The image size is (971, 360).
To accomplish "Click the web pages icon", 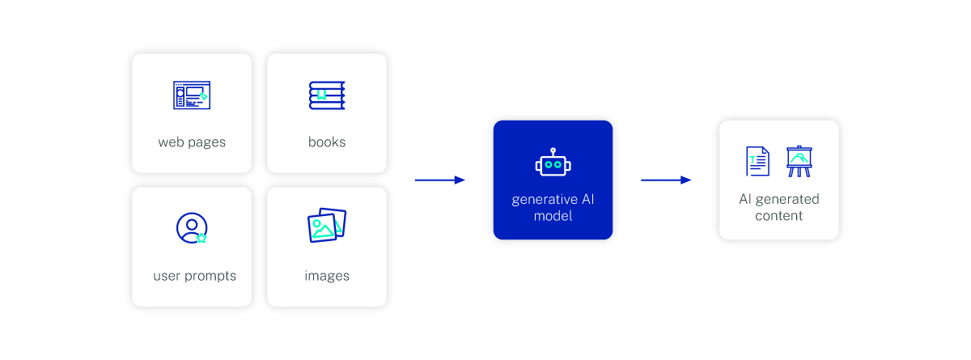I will tap(191, 95).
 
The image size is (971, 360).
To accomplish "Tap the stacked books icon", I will tap(326, 95).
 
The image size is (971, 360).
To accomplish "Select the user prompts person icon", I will tap(192, 228).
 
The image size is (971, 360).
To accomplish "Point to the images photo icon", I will tap(327, 226).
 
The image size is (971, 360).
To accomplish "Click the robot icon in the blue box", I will tap(553, 163).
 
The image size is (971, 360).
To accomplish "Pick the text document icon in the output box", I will tap(757, 161).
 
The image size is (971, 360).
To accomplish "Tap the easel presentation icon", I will tap(799, 161).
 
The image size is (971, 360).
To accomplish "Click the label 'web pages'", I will tap(192, 142).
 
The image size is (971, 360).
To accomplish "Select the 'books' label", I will tap(327, 142).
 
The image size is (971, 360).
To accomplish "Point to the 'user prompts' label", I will tap(194, 276).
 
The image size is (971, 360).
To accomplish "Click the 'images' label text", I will tap(327, 276).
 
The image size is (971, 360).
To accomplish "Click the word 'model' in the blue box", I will tap(553, 216).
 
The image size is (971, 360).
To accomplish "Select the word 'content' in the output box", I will tap(778, 216).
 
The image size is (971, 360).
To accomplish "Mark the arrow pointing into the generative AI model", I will tap(439, 180).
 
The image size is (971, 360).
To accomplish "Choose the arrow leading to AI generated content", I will tap(666, 180).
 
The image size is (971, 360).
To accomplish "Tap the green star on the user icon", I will tap(201, 237).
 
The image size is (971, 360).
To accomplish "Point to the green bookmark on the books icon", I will tap(320, 95).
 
